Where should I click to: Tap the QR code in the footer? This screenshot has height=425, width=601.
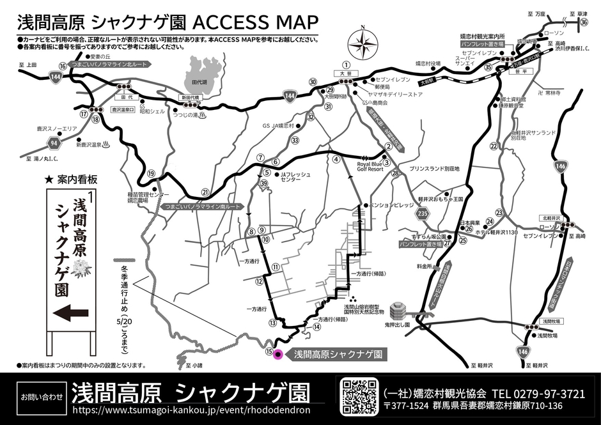point(361,396)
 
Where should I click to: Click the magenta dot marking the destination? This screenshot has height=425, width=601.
point(277,354)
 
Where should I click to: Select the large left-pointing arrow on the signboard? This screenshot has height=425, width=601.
point(71,313)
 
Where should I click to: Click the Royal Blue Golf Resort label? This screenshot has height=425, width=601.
point(371,167)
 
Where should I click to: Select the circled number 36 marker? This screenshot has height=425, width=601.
point(584,22)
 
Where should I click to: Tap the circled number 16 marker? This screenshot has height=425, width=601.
point(63,66)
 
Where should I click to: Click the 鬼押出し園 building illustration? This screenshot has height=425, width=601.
point(398,311)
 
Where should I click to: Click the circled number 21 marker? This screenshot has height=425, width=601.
point(205,191)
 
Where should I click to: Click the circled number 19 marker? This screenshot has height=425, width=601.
point(151,173)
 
